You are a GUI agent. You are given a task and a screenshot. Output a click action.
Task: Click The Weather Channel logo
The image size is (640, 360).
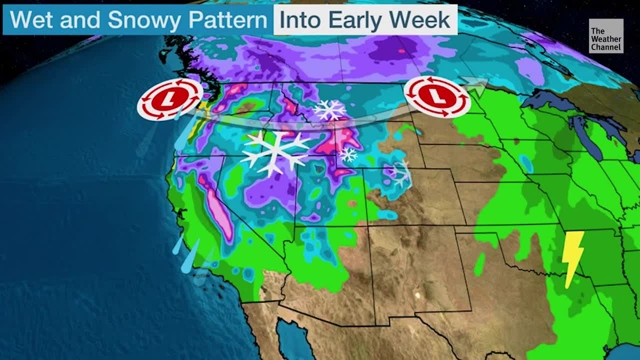click(606, 36)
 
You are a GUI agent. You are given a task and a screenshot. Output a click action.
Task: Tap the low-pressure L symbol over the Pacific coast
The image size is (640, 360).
click(170, 99)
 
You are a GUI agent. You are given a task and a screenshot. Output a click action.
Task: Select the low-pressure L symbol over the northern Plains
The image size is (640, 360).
click(437, 97)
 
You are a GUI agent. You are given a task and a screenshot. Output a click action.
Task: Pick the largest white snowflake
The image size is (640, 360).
click(275, 153)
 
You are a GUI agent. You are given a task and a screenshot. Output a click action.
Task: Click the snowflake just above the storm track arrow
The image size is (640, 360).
click(330, 109)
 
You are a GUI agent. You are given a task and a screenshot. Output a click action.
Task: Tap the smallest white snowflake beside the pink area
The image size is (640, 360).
click(348, 154)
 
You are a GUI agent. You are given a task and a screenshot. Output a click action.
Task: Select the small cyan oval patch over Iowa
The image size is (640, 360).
click(525, 164)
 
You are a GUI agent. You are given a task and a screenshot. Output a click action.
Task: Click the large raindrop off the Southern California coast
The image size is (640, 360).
click(190, 256)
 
